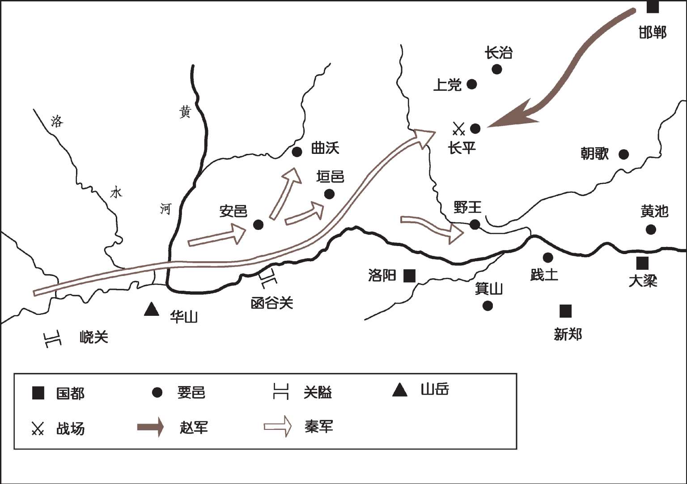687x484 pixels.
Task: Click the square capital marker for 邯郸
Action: pos(653,7)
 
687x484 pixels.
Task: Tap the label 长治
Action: pos(498,53)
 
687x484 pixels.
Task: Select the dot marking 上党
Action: pos(472,84)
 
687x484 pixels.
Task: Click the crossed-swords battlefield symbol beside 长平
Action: pos(459,129)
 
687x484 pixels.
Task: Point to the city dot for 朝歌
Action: pos(623,154)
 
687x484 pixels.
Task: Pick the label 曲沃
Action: pos(325,148)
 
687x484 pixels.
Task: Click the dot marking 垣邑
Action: pos(329,194)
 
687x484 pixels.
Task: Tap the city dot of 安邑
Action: pos(258,225)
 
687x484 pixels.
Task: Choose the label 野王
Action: pos(467,208)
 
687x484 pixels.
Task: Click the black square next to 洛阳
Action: pos(409,276)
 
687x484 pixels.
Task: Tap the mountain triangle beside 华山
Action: pos(152,309)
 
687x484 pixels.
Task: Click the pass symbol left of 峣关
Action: pos(52,340)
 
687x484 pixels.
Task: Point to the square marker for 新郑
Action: pos(565,310)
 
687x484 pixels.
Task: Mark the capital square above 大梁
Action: pos(642,263)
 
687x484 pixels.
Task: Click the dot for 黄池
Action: pos(651,229)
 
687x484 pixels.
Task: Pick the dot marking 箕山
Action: pos(488,306)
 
